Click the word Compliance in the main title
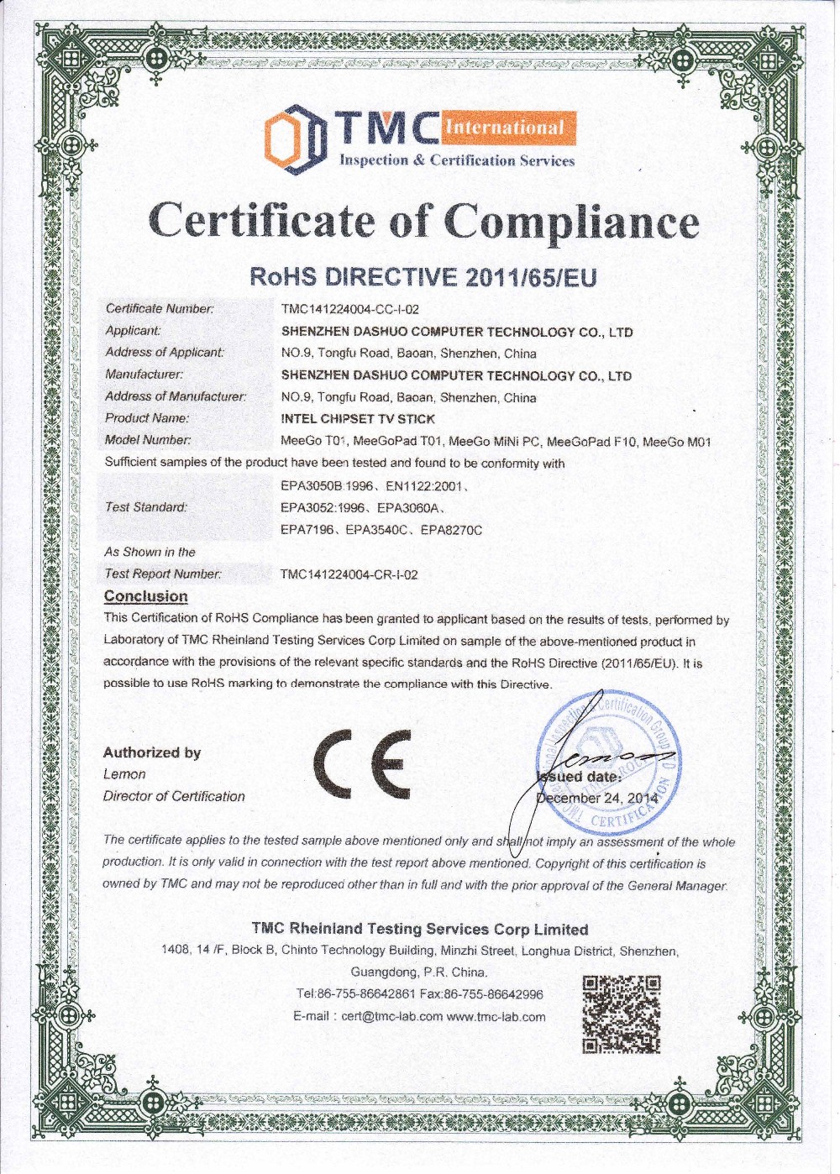tap(571, 222)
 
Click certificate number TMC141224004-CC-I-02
tap(350, 310)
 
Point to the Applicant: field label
tap(133, 331)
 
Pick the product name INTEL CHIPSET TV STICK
tap(358, 418)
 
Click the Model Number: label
tap(148, 440)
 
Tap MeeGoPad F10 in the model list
tap(593, 441)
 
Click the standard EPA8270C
tap(451, 530)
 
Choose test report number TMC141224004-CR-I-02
tap(349, 575)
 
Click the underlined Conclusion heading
tap(145, 596)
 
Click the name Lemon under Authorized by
tap(124, 774)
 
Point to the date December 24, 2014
tap(598, 798)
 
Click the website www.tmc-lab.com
tap(496, 1016)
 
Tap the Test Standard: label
tap(146, 507)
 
